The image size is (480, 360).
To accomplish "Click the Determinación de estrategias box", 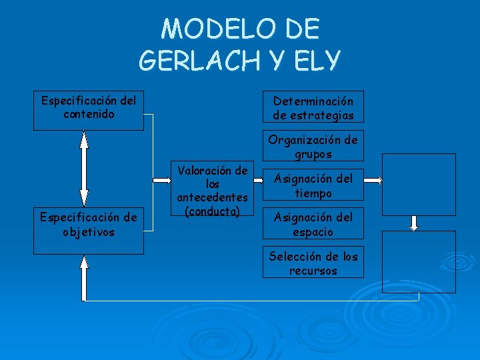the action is click(313, 107).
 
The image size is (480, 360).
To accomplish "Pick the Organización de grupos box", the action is click(313, 146).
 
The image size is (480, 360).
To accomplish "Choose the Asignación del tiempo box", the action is click(313, 185).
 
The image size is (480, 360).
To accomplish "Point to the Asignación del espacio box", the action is click(313, 223).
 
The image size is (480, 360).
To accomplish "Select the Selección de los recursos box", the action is click(313, 263).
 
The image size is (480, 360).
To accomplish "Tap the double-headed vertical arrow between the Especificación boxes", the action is click(83, 168).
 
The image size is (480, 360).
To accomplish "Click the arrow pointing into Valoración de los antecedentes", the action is click(161, 181).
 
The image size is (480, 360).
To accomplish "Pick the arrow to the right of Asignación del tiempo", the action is click(373, 181).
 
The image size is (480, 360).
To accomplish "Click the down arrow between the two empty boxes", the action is click(414, 222).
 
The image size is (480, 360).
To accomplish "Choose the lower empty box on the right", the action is click(419, 261).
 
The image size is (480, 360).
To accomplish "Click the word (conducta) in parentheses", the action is click(212, 211).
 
